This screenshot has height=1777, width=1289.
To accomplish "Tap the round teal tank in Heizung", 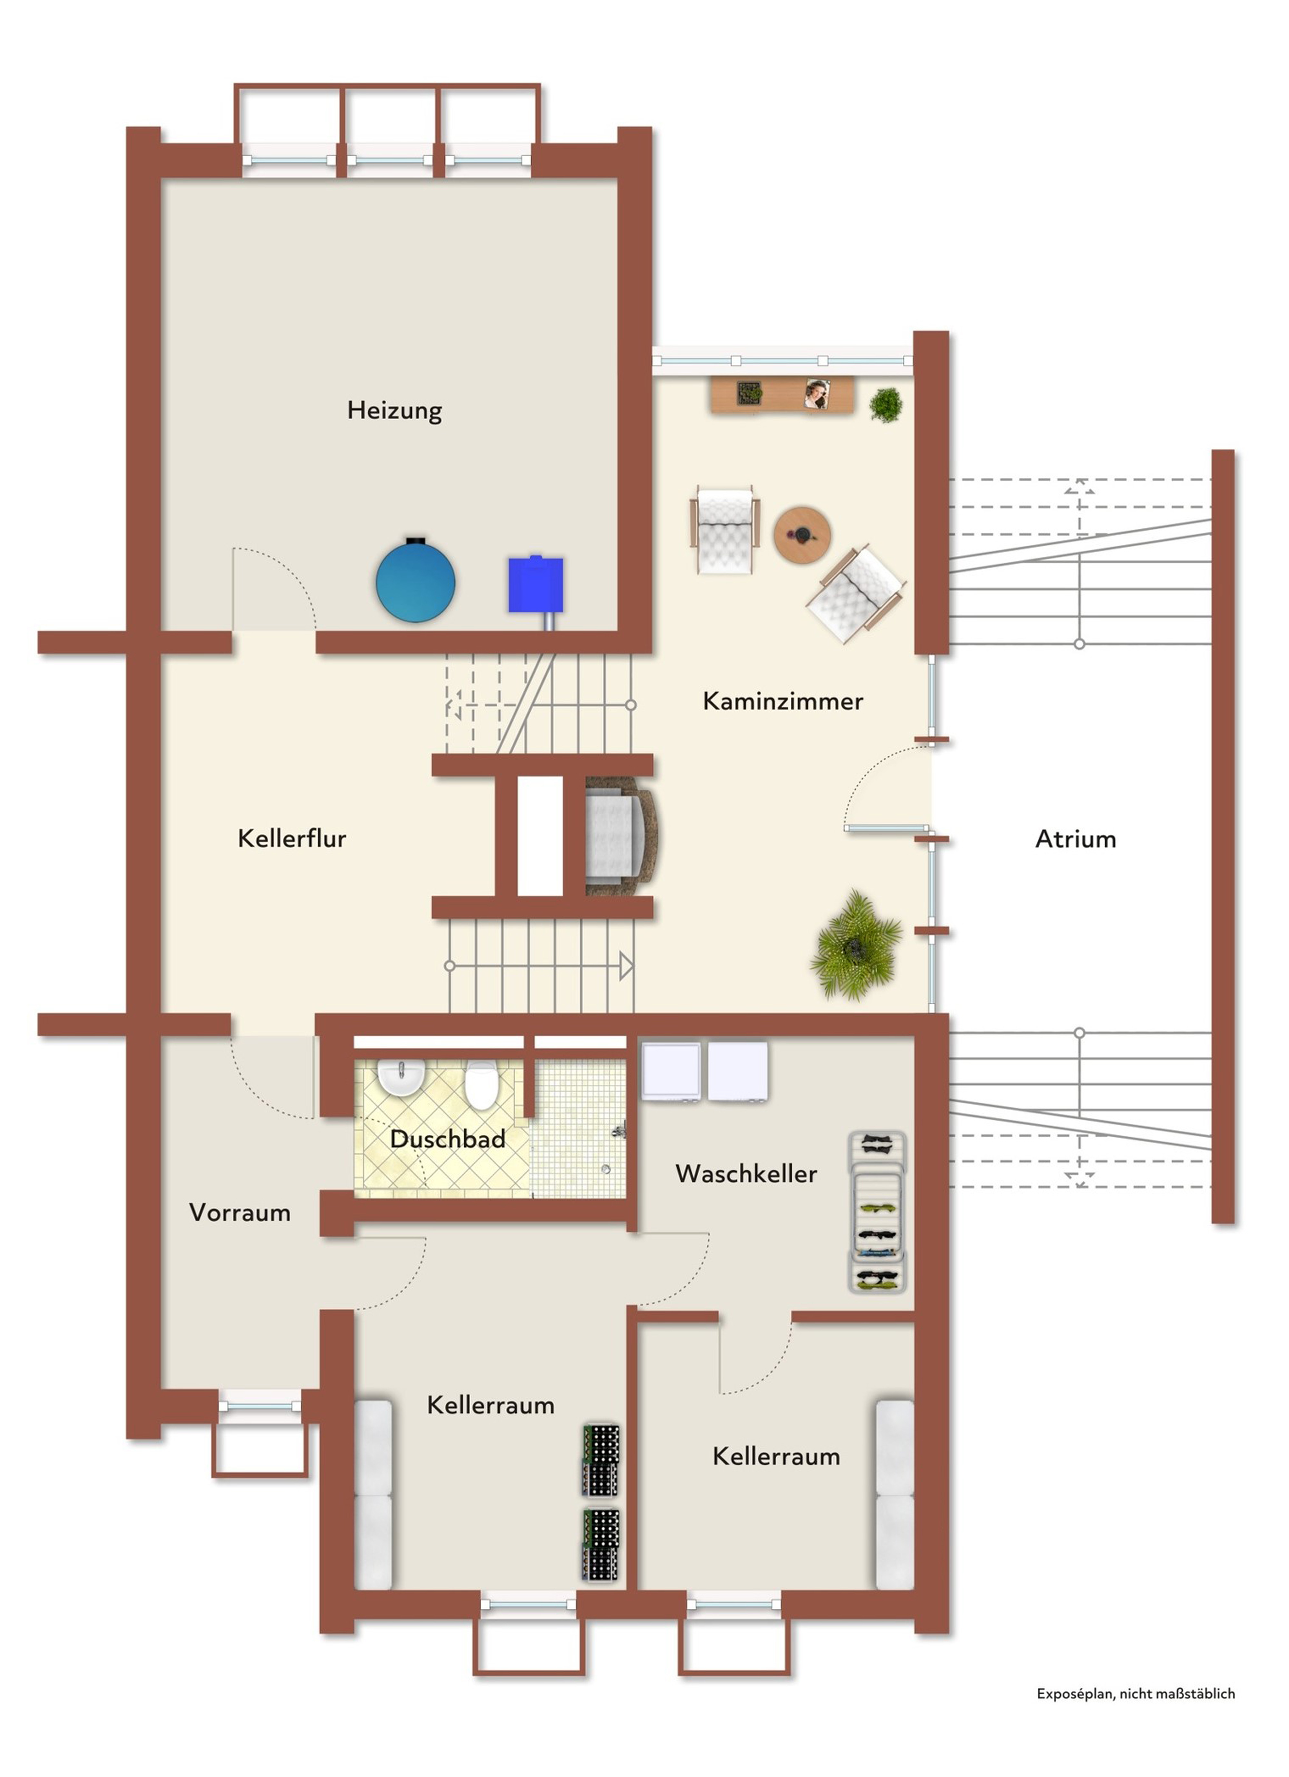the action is [x=415, y=581].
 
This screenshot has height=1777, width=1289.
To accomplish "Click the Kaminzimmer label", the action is [x=783, y=700].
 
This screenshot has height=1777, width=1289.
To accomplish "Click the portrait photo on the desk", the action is [x=817, y=394].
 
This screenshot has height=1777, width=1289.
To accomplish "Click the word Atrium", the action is [x=1075, y=839].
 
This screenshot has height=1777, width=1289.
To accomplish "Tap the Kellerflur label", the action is [x=292, y=838].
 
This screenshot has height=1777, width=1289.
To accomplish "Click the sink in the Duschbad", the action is [x=401, y=1077].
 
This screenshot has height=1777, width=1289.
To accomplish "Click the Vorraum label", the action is [x=240, y=1212].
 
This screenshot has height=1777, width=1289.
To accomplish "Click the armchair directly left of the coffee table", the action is [x=725, y=530].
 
